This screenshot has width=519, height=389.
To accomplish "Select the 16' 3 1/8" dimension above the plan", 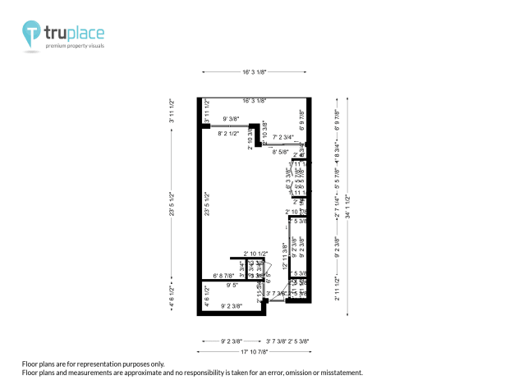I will click(255, 72).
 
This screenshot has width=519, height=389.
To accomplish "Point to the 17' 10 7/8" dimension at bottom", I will click(255, 351).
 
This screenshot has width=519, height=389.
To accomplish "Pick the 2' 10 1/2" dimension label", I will click(255, 254).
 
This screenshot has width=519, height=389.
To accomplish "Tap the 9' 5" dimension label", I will click(227, 286).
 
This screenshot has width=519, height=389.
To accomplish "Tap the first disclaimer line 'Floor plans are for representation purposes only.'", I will click(94, 363).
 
